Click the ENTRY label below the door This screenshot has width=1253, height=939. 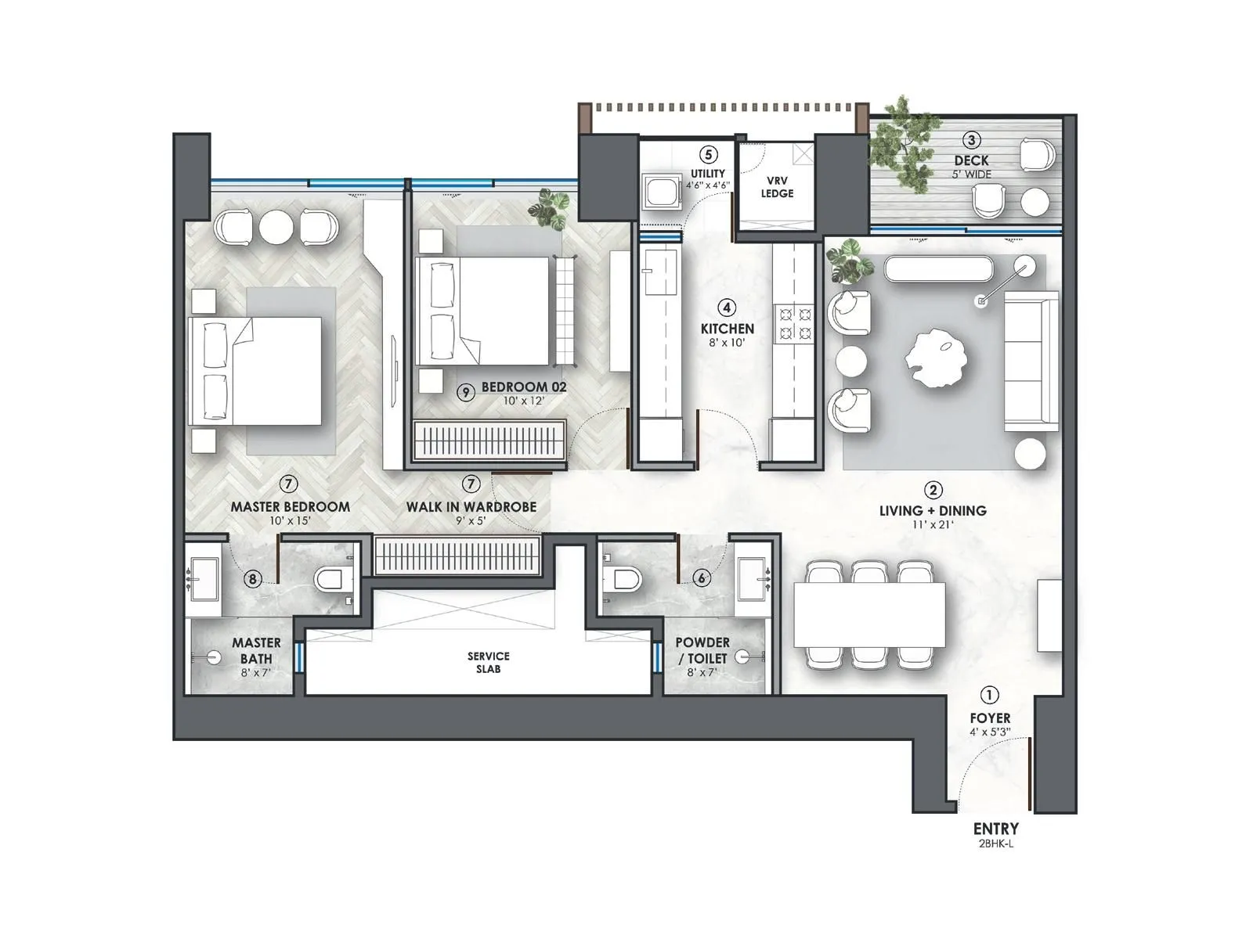click(995, 828)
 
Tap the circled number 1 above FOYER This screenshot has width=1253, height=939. click(990, 695)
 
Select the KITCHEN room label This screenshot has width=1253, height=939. click(728, 329)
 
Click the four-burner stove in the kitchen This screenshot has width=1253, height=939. click(794, 324)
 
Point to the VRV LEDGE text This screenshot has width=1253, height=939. click(777, 187)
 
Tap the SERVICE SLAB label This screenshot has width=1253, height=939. click(488, 662)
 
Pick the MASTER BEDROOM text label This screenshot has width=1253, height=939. click(290, 507)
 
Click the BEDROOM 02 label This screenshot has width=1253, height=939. click(523, 387)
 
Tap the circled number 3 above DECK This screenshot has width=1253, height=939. click(971, 141)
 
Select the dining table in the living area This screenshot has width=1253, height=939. click(869, 614)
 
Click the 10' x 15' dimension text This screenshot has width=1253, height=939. click(290, 521)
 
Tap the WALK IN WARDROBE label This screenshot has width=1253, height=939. click(471, 507)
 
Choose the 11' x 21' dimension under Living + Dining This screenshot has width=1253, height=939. click(932, 524)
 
